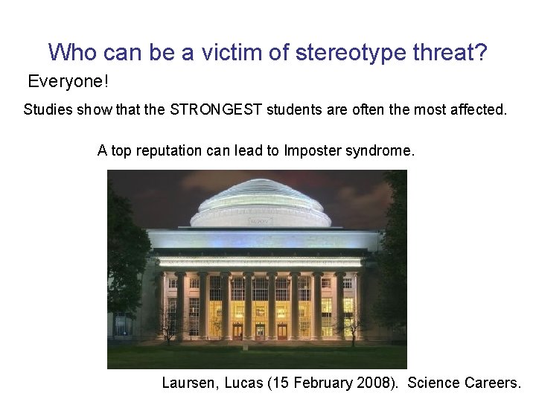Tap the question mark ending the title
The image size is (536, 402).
pos(479,52)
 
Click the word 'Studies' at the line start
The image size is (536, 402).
pos(47,110)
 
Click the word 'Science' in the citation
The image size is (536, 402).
pos(435,383)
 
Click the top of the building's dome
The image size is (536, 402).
pos(260,182)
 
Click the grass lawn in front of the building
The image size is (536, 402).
pos(257,355)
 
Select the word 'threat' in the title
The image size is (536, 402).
pos(433,52)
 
